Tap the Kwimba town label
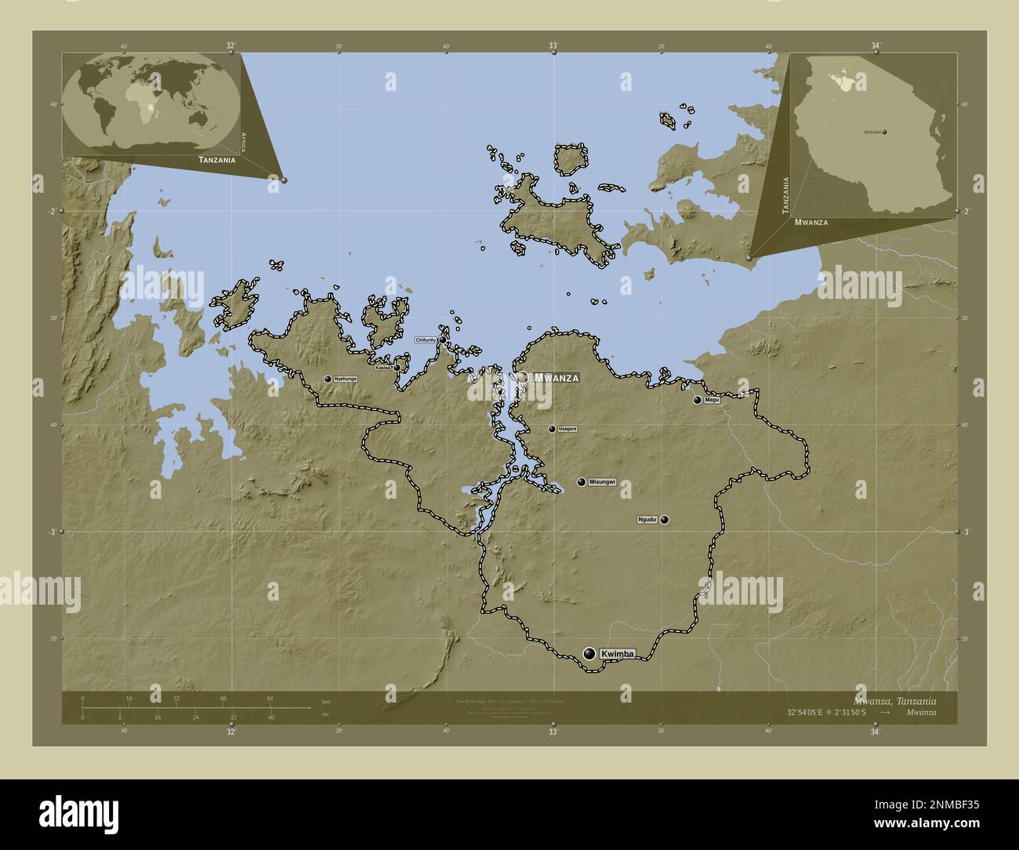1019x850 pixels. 617,653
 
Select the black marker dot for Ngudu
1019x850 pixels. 665,519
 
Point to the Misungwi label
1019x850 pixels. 603,482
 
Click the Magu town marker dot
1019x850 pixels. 697,400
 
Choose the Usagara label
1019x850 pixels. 568,429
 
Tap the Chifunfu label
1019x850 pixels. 426,340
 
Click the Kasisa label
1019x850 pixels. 383,367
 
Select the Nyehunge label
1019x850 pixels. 345,379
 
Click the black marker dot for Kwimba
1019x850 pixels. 589,653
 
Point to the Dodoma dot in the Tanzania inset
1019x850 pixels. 885,132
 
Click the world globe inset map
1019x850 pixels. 152,104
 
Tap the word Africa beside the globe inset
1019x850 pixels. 245,142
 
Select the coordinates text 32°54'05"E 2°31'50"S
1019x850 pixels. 832,712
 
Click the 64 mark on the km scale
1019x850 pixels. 270,698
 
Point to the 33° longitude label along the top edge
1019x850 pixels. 553,46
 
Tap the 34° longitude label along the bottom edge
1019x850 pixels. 876,732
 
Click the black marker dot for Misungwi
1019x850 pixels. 581,482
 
